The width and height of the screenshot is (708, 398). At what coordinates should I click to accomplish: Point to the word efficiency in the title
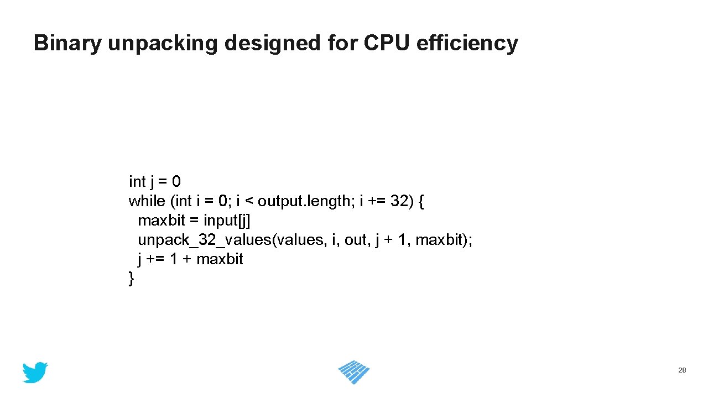[x=467, y=44]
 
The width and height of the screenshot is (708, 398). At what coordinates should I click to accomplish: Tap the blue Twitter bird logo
[x=35, y=373]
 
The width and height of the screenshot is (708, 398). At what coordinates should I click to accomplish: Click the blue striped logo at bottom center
[x=354, y=372]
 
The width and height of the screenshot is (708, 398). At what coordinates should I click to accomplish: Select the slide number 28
[x=682, y=370]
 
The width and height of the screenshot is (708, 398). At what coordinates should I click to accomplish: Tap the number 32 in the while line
[x=399, y=201]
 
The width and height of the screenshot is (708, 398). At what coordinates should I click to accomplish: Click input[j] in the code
[x=227, y=221]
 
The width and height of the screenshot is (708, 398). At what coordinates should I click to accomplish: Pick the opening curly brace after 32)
[x=422, y=201]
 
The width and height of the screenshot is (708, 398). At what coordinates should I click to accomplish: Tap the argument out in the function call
[x=355, y=240]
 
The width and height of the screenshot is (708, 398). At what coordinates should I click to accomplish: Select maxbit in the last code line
[x=220, y=259]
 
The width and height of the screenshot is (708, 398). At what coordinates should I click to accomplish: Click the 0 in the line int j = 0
[x=176, y=181]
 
